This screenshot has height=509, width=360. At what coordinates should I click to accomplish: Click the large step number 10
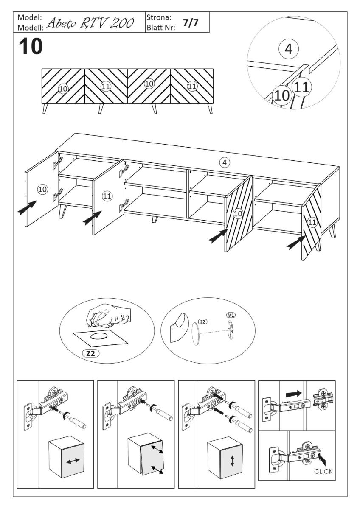pos(31,46)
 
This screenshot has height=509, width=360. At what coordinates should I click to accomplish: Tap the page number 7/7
pos(190,22)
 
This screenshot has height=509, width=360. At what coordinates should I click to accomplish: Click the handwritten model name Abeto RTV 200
pos(90,23)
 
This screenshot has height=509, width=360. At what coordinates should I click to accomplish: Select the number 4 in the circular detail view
pos(288,49)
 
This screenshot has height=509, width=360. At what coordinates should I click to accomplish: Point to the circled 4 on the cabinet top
pos(225,162)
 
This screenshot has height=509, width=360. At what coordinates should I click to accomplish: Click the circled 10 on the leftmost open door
pos(42,189)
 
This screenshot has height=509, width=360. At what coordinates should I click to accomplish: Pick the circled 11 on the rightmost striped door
pos(312,222)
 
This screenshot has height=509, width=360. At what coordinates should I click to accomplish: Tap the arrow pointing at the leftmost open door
pos(27,207)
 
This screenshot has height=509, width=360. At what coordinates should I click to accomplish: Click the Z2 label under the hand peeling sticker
pos(91,354)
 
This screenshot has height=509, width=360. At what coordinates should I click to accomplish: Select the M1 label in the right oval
pos(231,315)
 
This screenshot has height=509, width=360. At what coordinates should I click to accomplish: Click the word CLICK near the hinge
pos(323,472)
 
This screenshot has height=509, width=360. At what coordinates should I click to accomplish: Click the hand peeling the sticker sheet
pos(108,316)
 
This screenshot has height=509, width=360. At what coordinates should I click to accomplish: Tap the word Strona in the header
pos(159,17)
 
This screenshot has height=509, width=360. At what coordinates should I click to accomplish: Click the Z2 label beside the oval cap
pos(202,322)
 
